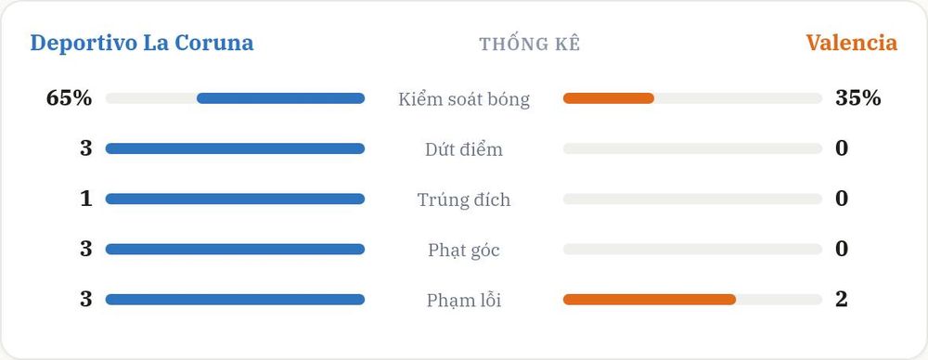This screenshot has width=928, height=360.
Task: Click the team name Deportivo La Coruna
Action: pos(141,44)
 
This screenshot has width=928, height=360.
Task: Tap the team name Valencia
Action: pos(851,44)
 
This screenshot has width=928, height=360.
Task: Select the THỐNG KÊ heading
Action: pos(530,44)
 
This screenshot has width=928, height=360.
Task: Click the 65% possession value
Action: pos(69,98)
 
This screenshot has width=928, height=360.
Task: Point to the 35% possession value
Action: pos(858,98)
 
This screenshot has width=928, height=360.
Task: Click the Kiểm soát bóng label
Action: pos(464,99)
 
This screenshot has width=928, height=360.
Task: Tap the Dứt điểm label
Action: pos(464,149)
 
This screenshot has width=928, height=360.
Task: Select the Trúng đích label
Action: pos(464,199)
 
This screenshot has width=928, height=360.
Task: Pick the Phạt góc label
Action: pos(464,250)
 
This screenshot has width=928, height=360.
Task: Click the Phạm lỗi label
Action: pos(464,301)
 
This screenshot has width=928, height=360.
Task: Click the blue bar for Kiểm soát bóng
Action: pos(280,98)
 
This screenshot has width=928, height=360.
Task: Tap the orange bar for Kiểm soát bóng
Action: pos(609,98)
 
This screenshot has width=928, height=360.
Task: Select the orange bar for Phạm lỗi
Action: pos(650,300)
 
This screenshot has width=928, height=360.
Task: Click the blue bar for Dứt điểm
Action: pos(235,148)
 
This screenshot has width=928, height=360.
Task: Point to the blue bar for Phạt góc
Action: pos(235,250)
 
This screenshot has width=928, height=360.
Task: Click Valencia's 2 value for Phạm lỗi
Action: pos(842,300)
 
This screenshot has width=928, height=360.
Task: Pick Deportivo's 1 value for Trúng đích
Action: pos(86,199)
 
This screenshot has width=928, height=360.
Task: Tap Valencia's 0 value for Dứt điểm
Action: pos(842,148)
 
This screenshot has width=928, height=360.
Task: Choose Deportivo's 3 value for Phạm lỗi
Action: pos(86,300)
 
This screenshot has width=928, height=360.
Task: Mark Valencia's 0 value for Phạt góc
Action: pos(842,250)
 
